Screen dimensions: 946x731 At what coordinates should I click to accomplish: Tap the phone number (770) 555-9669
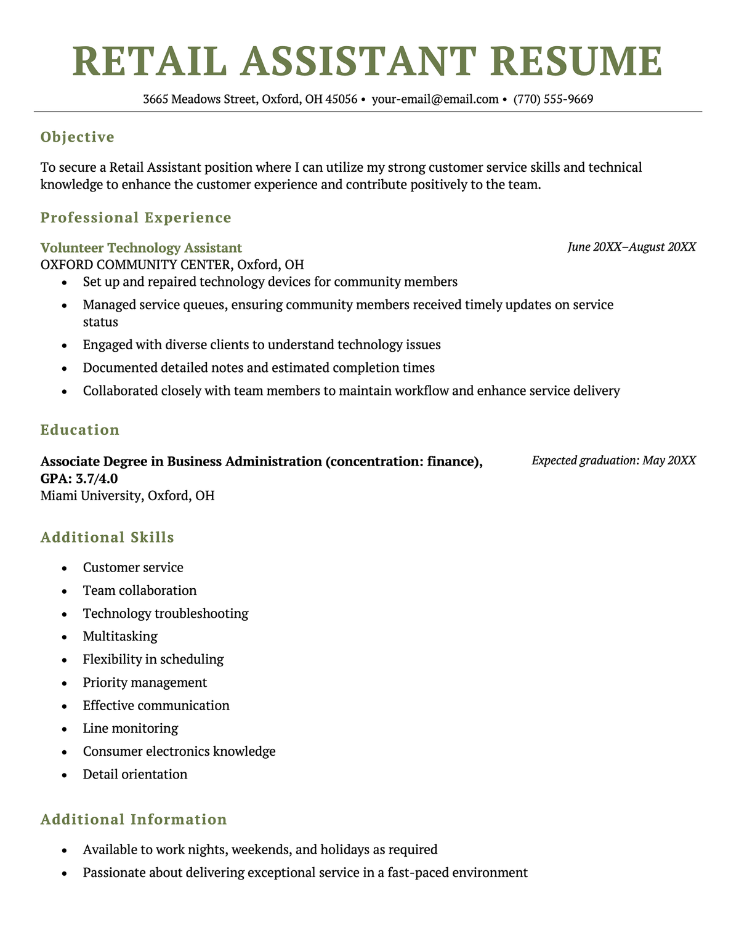pyautogui.click(x=553, y=99)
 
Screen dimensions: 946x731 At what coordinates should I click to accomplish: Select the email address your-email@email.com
pyautogui.click(x=435, y=99)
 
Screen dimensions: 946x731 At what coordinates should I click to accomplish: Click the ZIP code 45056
pyautogui.click(x=341, y=99)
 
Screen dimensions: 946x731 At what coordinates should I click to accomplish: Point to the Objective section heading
pyautogui.click(x=78, y=137)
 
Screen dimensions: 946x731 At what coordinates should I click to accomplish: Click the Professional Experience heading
pyautogui.click(x=135, y=217)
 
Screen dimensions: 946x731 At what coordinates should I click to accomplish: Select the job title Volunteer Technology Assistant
pyautogui.click(x=141, y=248)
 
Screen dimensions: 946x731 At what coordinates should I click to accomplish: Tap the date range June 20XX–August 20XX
pyautogui.click(x=631, y=247)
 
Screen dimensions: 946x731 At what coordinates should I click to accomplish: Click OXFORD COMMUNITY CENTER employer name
pyautogui.click(x=135, y=265)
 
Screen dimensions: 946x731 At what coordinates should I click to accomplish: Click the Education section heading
pyautogui.click(x=80, y=430)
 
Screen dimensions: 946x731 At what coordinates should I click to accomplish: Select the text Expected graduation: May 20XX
pyautogui.click(x=613, y=461)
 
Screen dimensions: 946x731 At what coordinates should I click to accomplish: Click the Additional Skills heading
pyautogui.click(x=107, y=538)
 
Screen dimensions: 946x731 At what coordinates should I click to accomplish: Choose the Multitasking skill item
pyautogui.click(x=120, y=636)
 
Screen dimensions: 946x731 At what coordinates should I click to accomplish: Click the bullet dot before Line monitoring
pyautogui.click(x=64, y=729)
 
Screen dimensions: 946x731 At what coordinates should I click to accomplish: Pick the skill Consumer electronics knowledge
pyautogui.click(x=179, y=751)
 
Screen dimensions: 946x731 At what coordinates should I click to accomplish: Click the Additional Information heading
pyautogui.click(x=134, y=820)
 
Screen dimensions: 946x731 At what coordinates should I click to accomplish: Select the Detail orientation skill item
pyautogui.click(x=135, y=774)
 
